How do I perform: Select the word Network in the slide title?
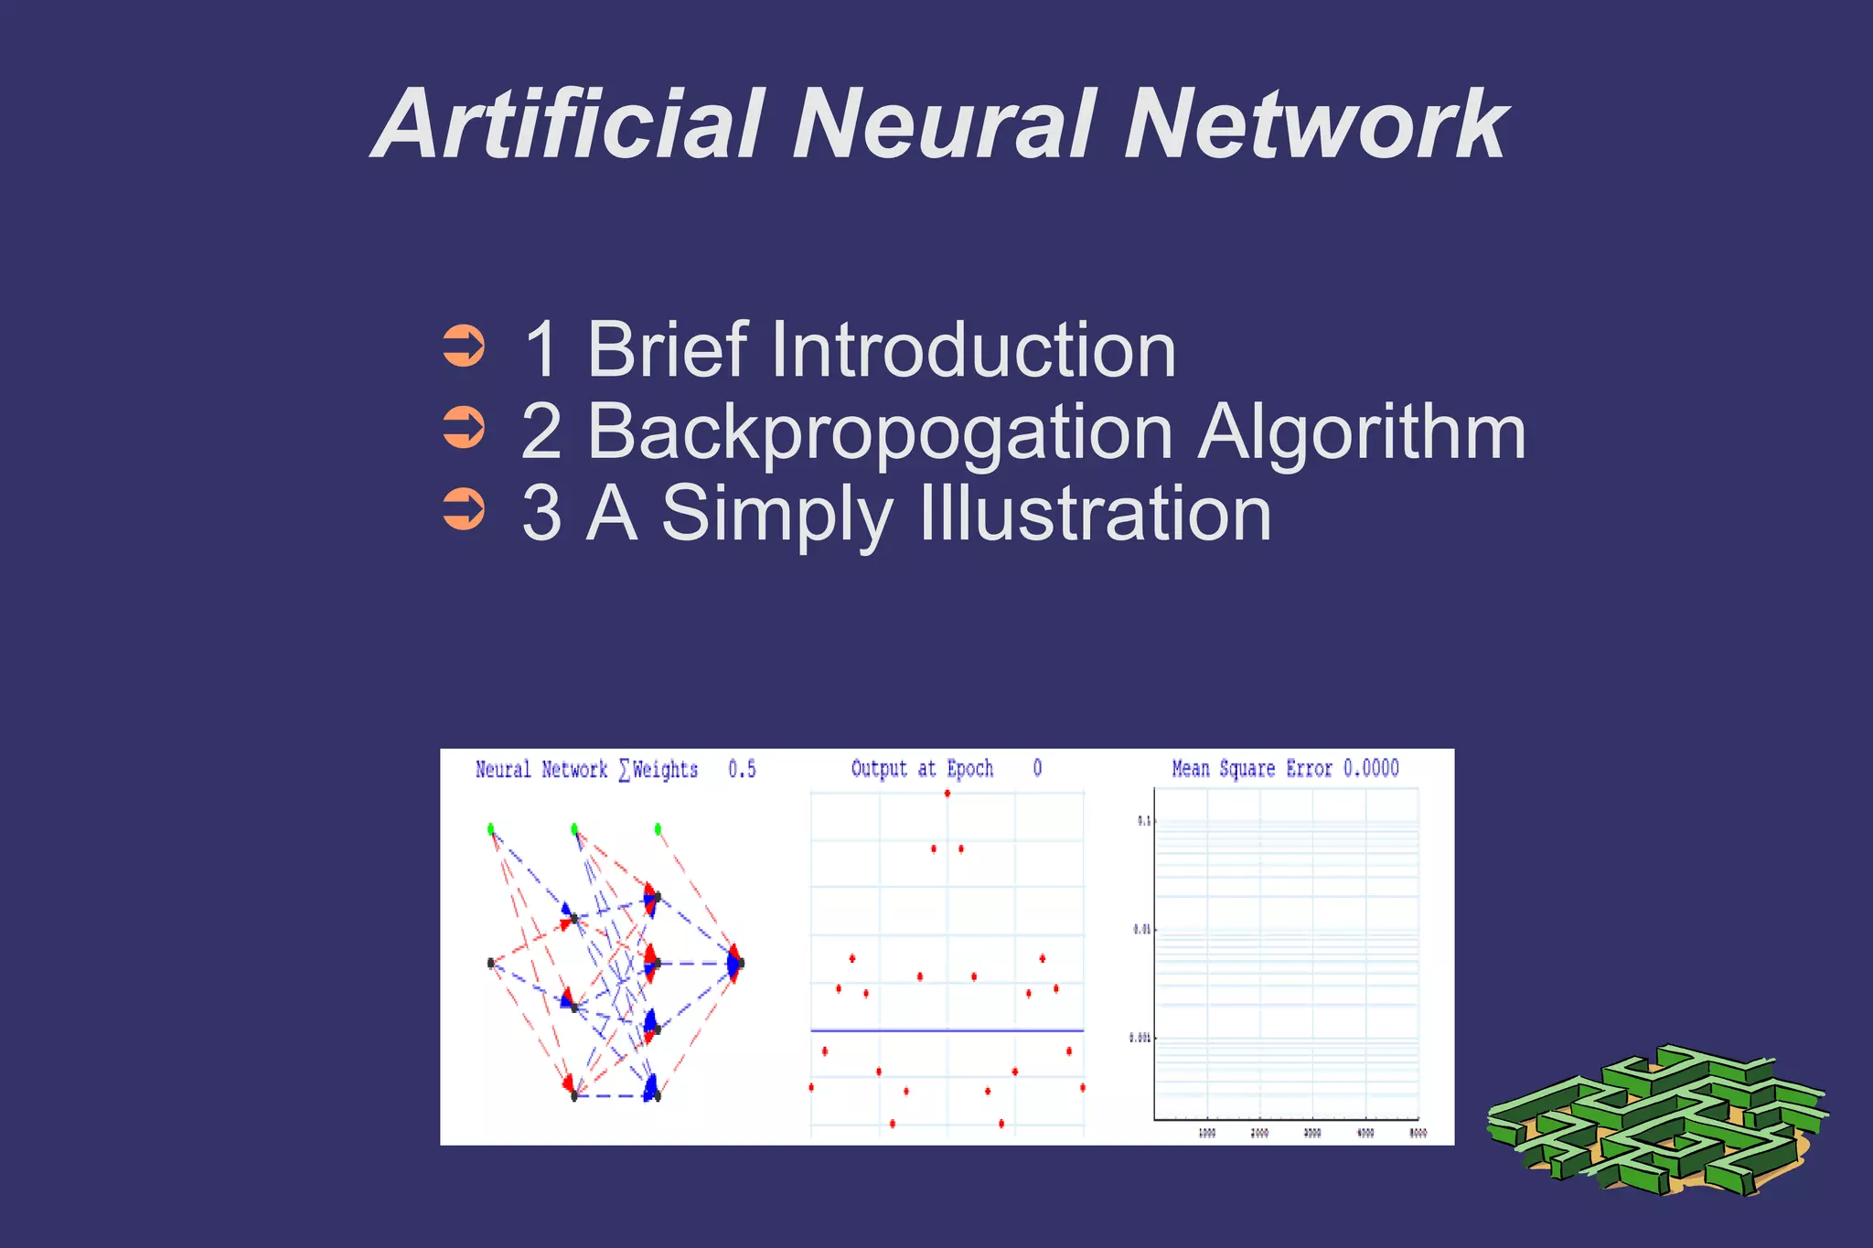tap(1315, 124)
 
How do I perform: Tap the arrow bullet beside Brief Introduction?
tap(464, 347)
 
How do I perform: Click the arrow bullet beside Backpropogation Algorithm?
tap(464, 428)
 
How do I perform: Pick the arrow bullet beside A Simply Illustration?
tap(464, 509)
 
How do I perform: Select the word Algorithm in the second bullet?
tap(1362, 432)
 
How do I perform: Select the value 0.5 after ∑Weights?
tap(742, 769)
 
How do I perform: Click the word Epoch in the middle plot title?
tap(969, 769)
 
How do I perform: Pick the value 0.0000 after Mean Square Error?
tap(1371, 768)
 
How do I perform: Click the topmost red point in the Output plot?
tap(947, 793)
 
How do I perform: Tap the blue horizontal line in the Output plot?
tap(947, 1030)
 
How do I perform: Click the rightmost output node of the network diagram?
tap(737, 963)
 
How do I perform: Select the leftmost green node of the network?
tap(491, 829)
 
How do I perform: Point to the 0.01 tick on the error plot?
tap(1142, 929)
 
